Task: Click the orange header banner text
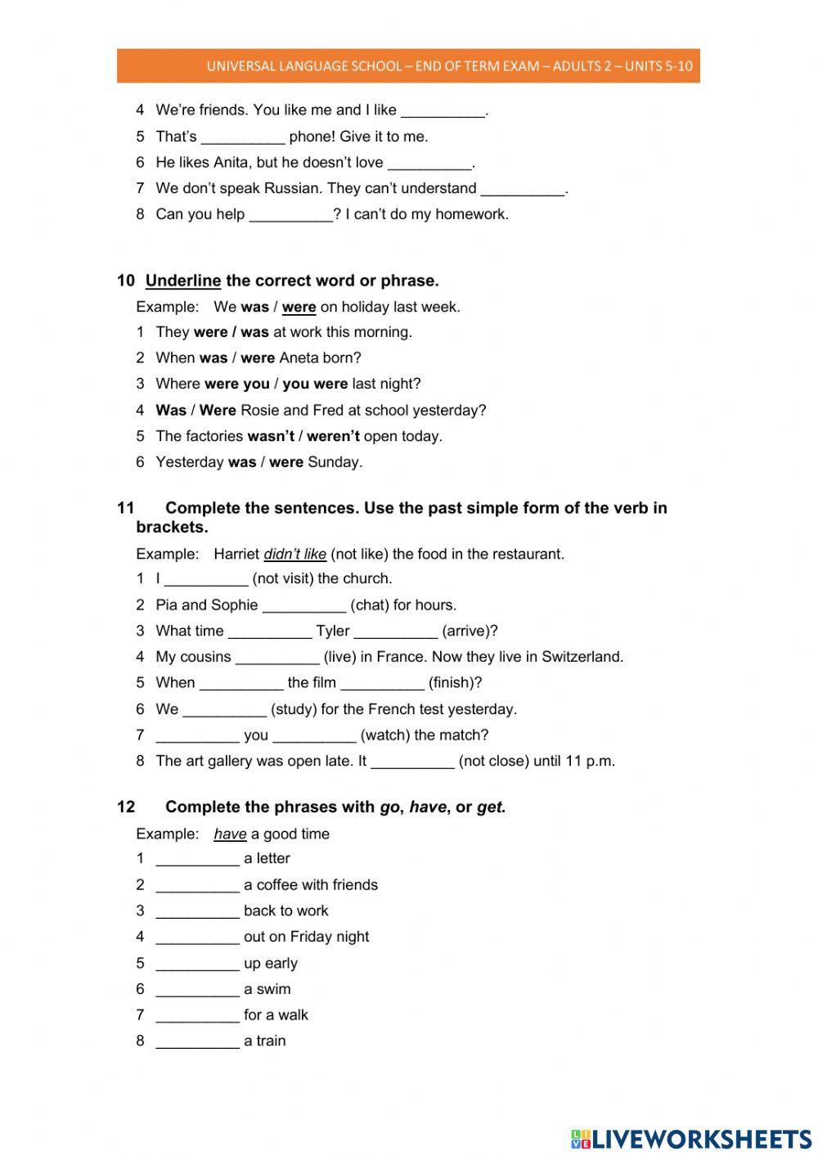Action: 449,66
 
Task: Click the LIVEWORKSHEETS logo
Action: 691,1138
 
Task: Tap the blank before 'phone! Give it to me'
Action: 243,137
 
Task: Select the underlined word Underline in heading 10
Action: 183,281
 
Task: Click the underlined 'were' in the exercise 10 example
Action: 299,308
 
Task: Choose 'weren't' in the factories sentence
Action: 333,436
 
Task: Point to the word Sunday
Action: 334,462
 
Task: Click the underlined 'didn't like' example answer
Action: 294,554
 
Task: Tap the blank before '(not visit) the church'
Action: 206,579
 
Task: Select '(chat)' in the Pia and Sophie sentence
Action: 369,605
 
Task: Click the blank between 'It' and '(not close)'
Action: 412,762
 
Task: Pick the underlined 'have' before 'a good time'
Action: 230,834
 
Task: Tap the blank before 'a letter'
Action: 197,859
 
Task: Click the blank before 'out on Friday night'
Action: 197,938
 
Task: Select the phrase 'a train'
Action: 264,1041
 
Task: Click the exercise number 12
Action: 126,807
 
